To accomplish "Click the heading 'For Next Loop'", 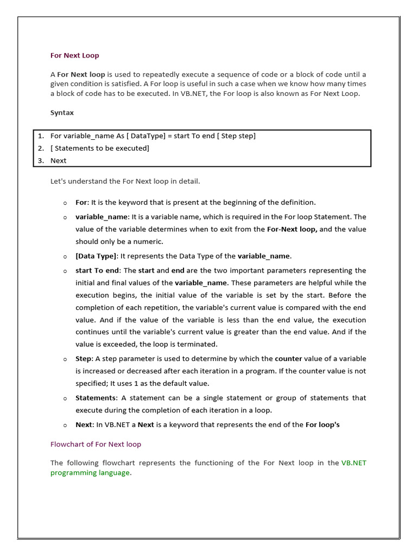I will point(74,55).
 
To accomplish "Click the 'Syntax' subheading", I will point(62,113).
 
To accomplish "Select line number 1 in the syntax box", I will point(41,135).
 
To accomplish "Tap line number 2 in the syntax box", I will point(41,148).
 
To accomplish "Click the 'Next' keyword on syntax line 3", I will point(58,160).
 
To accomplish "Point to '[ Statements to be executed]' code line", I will point(99,148).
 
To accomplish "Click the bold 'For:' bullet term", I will point(81,202).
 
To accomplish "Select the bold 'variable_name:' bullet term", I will point(102,217).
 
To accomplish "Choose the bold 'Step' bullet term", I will point(84,359).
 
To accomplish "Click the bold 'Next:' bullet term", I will point(84,425).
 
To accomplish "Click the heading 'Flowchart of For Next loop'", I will point(96,444).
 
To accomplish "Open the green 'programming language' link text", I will point(90,473).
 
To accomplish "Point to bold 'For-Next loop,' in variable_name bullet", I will point(292,229).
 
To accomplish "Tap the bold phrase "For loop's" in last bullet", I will point(323,425).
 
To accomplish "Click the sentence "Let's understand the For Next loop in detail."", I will point(125,181).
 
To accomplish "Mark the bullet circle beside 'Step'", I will point(65,359).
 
